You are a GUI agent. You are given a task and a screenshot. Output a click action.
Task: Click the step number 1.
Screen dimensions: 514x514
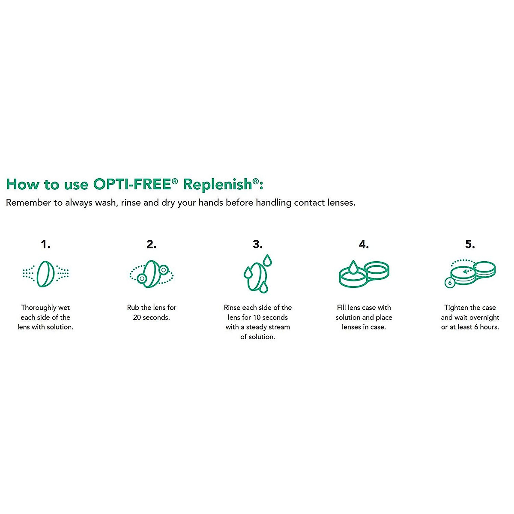tap(45, 244)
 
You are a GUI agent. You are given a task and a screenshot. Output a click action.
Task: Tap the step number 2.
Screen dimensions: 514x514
tap(151, 244)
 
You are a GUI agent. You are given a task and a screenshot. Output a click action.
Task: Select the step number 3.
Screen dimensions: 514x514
tap(257, 244)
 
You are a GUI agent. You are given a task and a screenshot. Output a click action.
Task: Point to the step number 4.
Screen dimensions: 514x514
tap(363, 244)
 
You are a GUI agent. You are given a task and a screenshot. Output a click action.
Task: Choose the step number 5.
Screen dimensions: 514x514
tap(469, 244)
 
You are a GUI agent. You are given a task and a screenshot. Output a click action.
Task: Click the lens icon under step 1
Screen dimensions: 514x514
tap(45, 274)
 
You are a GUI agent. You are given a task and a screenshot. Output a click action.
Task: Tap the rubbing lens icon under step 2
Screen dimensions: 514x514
tap(151, 274)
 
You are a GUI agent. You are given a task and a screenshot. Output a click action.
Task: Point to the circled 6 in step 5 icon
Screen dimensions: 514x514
tap(449, 283)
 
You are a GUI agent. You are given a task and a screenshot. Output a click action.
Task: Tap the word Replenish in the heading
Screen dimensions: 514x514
tap(218, 184)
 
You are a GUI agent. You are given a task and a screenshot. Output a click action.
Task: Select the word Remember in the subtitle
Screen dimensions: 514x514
tap(28, 203)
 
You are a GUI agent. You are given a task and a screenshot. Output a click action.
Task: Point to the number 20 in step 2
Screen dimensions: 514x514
tap(137, 317)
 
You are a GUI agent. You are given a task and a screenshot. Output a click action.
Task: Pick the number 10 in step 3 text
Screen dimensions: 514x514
tap(257, 317)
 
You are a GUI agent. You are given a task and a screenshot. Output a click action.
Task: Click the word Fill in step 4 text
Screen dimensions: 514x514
tap(341, 308)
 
